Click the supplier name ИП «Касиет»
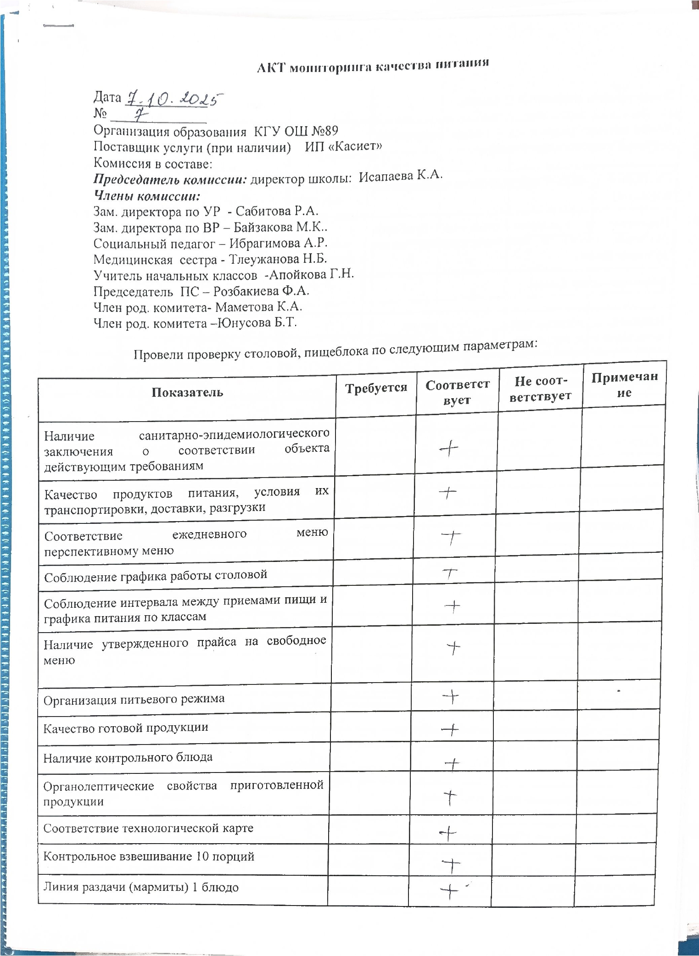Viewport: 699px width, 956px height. coord(344,146)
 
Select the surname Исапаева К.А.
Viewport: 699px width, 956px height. coord(401,176)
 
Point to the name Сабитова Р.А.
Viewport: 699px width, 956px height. coord(277,211)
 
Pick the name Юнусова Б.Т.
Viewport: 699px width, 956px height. coord(257,322)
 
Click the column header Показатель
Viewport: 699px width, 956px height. coord(187,393)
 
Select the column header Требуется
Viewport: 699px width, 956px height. coord(376,388)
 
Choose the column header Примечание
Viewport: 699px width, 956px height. coord(624,384)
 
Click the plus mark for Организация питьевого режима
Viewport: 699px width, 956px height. coord(451,697)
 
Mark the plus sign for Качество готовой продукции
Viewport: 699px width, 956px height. coord(450,728)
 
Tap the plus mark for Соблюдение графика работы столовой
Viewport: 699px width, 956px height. coord(451,573)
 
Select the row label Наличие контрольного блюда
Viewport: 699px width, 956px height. coord(128,757)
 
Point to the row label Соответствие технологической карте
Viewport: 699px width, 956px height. coord(148,828)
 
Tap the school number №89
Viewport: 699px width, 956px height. coord(325,131)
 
